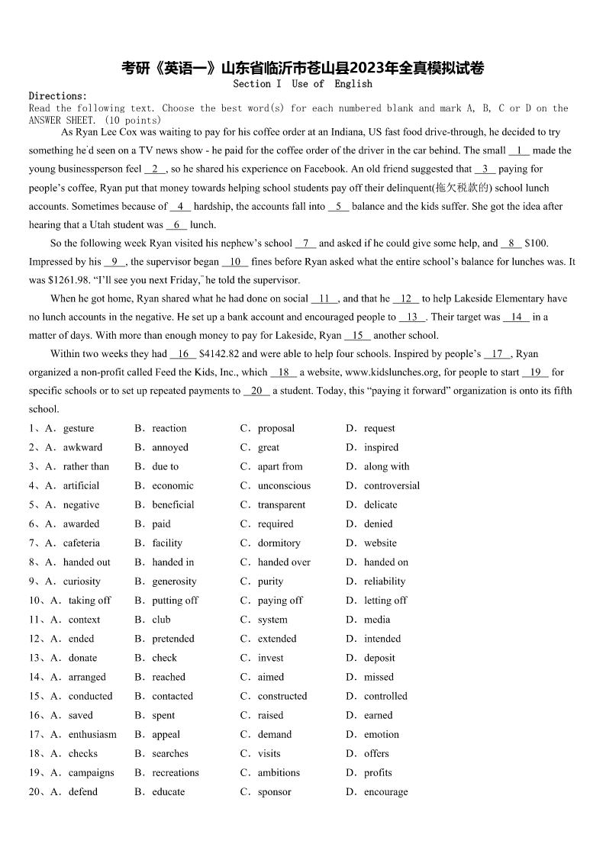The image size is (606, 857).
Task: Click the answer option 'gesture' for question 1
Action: tap(78, 429)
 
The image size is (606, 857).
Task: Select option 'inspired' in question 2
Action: tap(381, 448)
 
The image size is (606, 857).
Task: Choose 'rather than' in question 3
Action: tap(85, 467)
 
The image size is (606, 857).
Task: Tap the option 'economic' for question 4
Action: tap(172, 486)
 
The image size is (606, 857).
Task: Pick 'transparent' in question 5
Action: tap(281, 505)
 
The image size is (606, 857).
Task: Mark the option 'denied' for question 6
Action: tap(378, 524)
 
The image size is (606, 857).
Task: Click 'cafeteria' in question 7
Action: tap(81, 543)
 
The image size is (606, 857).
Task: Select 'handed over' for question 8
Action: tap(284, 562)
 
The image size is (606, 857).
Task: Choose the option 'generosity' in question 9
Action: tap(174, 582)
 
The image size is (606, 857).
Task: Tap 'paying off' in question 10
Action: tap(280, 601)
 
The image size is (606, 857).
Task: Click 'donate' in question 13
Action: tap(82, 658)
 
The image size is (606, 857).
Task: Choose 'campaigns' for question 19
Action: tap(91, 773)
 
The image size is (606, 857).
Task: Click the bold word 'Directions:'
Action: tap(58, 96)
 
